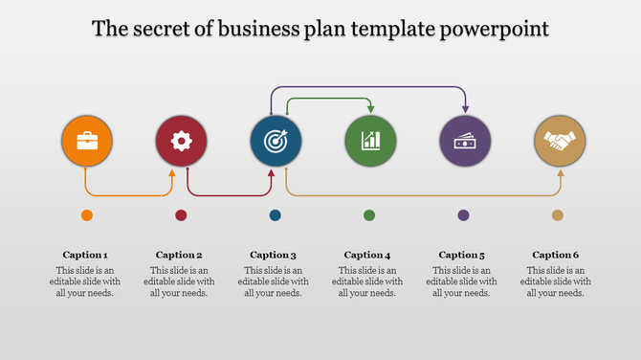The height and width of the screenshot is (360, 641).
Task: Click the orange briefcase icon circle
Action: [86, 142]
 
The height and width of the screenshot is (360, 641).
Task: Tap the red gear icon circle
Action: [181, 142]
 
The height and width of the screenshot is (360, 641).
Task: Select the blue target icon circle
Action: [276, 142]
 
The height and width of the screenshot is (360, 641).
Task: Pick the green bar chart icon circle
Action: [370, 142]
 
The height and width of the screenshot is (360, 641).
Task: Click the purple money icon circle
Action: [465, 142]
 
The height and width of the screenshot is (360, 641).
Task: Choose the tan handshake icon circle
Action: [559, 142]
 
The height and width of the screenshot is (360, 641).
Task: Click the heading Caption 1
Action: [85, 255]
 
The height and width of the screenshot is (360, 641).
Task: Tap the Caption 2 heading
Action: [179, 255]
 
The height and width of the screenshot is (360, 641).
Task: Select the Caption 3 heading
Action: [274, 255]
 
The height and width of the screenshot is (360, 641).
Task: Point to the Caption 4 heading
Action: [367, 255]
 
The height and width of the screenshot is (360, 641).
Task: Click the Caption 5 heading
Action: [462, 255]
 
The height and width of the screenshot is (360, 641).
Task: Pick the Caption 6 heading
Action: [556, 255]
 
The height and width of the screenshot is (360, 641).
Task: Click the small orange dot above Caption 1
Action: [87, 215]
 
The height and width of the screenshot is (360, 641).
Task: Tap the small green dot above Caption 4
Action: [369, 215]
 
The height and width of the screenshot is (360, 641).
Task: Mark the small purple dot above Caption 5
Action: [463, 215]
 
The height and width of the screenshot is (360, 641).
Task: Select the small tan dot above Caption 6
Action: [558, 215]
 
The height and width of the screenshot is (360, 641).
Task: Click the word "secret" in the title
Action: [169, 29]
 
